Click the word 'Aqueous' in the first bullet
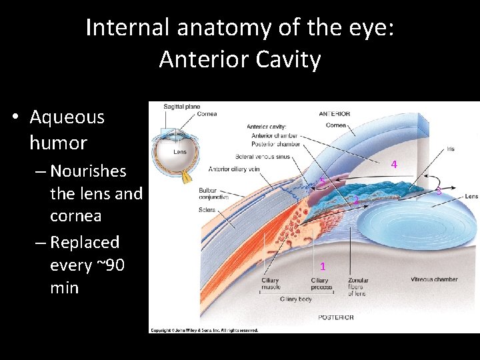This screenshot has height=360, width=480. coord(67,117)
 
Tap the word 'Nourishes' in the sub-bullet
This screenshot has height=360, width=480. coord(88,171)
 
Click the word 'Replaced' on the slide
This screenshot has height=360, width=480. coord(85,242)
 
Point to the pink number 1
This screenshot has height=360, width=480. coord(323,266)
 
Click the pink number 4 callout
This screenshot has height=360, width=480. coord(394,164)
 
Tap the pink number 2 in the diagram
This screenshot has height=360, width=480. coord(356,201)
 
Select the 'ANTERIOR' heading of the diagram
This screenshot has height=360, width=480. coord(335,114)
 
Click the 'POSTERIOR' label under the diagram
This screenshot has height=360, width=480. coord(336,317)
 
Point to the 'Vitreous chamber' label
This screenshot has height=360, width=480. coord(434,280)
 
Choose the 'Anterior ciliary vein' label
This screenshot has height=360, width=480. coord(233,169)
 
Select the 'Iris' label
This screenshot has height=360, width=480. coord(451,149)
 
